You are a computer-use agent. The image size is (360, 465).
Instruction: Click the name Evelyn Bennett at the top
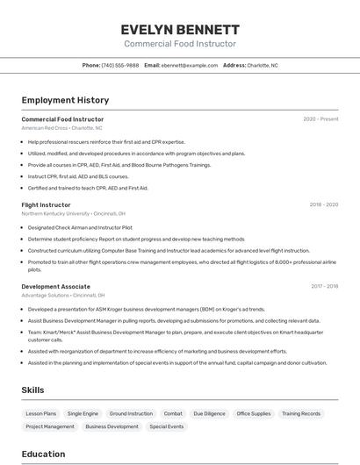(180, 29)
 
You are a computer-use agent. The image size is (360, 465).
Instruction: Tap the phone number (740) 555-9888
(119, 65)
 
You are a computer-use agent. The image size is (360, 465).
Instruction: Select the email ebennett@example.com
(190, 65)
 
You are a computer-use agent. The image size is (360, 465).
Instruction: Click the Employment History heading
(65, 100)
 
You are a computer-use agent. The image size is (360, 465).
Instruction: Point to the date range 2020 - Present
(320, 119)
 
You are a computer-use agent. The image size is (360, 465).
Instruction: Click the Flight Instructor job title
(46, 204)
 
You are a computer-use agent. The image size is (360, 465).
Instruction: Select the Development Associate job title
(55, 286)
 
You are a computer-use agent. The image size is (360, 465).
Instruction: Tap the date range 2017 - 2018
(324, 286)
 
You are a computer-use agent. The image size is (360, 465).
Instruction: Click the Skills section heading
(32, 390)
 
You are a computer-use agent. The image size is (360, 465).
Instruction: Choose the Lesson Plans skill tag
(41, 413)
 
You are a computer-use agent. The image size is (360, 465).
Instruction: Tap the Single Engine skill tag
(83, 413)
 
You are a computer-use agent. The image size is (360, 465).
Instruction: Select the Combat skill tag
(173, 413)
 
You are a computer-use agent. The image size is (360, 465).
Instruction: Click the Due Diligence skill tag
(210, 413)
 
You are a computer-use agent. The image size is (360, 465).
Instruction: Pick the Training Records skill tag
(301, 413)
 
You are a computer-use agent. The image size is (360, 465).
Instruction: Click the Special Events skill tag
(167, 426)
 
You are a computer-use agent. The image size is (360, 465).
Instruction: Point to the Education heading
(43, 454)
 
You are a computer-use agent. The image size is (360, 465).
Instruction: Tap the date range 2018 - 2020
(323, 204)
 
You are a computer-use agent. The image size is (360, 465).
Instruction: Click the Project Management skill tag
(50, 426)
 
